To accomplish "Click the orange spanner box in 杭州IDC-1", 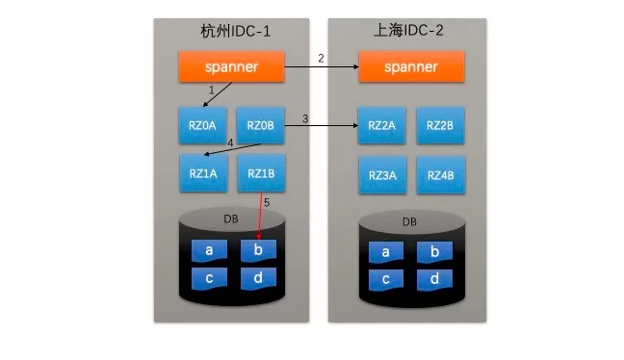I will [231, 66].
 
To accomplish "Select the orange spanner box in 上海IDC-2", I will [410, 66].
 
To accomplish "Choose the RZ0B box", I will [260, 125].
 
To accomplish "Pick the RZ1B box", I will [260, 173].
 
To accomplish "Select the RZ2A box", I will [381, 125].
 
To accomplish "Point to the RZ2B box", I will [440, 125].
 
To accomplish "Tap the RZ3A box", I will [381, 174].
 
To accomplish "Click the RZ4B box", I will [440, 174].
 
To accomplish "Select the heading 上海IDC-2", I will [410, 30].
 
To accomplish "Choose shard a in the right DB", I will [386, 252].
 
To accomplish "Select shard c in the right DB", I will [386, 279].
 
